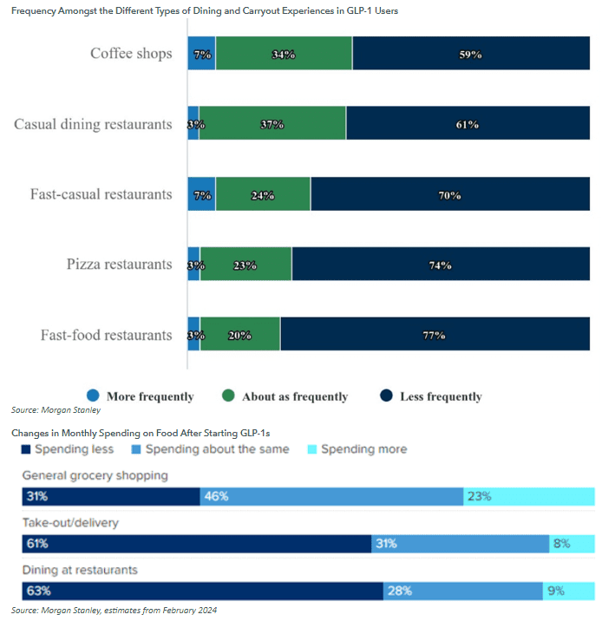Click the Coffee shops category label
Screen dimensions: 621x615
(x=131, y=54)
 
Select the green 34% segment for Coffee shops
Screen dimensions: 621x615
(x=284, y=54)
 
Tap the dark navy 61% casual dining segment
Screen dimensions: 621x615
(x=468, y=124)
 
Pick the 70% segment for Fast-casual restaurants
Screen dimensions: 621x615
(x=450, y=194)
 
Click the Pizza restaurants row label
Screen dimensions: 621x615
(x=119, y=264)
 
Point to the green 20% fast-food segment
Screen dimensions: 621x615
(x=240, y=335)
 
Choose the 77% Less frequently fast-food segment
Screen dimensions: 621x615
(x=435, y=335)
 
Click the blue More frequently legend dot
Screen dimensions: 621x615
(x=94, y=395)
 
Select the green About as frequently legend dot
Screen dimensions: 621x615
(x=228, y=395)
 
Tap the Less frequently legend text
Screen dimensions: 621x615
(x=441, y=396)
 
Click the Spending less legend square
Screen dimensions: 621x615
(x=26, y=449)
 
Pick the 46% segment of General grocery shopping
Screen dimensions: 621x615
(x=332, y=497)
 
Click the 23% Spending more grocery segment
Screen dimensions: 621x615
(x=529, y=497)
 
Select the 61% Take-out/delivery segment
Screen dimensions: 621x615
(x=197, y=544)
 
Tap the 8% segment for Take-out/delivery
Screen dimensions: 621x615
(x=572, y=544)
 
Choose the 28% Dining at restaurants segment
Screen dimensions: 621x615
(x=463, y=592)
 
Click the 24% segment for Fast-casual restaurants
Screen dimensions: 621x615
(x=264, y=194)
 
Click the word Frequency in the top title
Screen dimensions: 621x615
(x=37, y=10)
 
